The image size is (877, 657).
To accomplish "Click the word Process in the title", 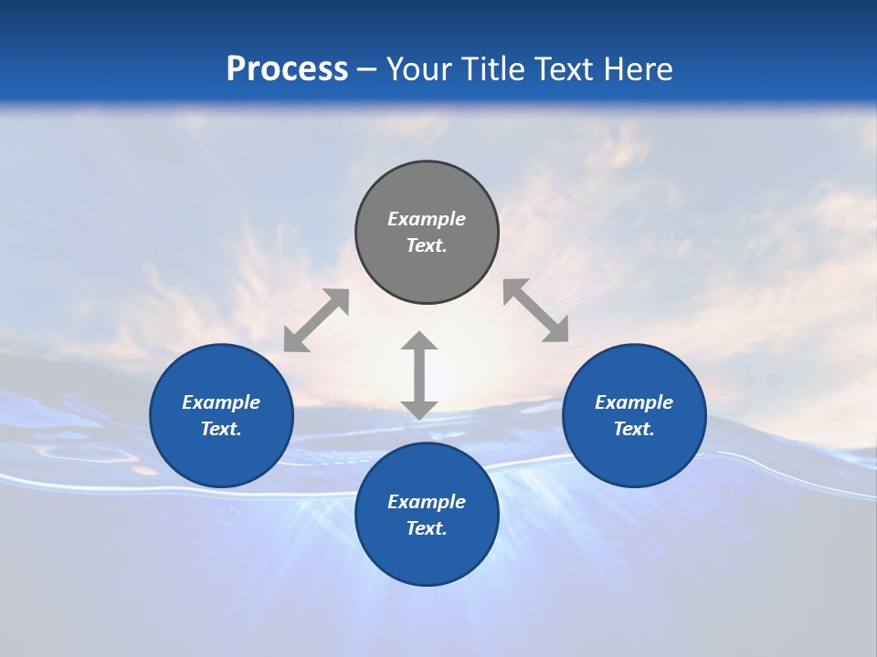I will (x=287, y=69).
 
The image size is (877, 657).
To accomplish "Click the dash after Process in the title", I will (x=366, y=70).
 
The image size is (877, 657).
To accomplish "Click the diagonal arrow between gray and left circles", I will (x=316, y=320).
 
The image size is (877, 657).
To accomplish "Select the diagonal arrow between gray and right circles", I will (x=536, y=310).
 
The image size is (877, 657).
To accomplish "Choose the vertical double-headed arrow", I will (x=419, y=375).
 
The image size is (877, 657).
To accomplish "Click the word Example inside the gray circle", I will (x=427, y=219).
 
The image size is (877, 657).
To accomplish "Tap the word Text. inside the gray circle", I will (x=427, y=245).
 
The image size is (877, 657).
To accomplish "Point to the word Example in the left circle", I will (x=221, y=402).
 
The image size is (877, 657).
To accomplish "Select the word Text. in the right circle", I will (x=634, y=429).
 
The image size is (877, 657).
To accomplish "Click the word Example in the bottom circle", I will (x=427, y=502).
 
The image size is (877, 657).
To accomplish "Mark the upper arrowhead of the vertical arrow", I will (x=419, y=342).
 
